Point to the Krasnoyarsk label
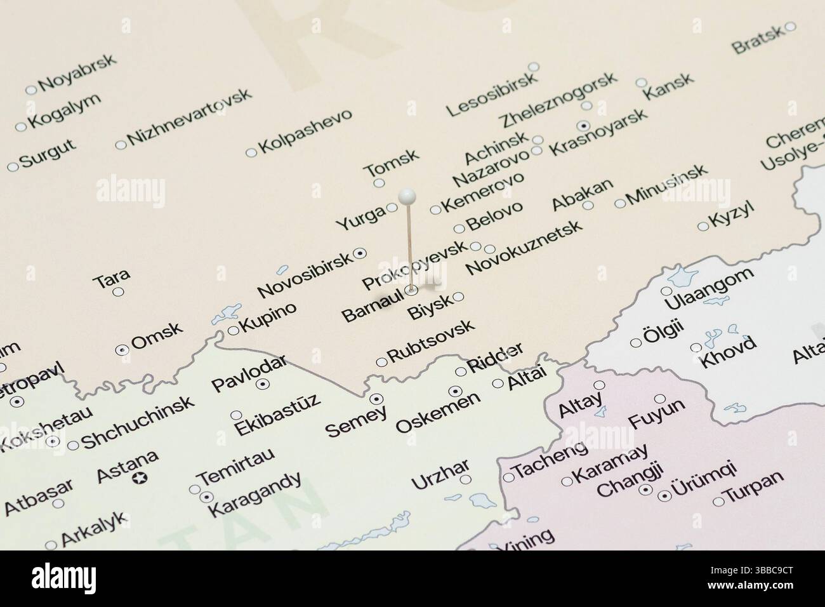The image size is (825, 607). (598, 131)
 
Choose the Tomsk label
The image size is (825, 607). (392, 163)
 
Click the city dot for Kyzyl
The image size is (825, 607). (702, 226)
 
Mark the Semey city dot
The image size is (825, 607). (376, 399)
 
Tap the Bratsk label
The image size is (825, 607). (758, 41)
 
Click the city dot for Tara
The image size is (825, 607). (118, 291)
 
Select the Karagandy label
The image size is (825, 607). (254, 494)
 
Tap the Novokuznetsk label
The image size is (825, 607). (524, 248)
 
